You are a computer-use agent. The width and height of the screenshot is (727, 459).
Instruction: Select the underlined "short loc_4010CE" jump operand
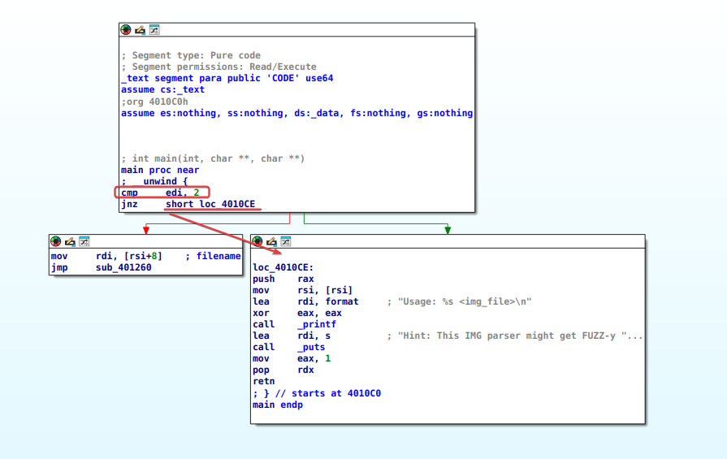pos(210,204)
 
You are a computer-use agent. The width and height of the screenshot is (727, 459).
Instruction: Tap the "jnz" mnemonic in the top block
pos(129,204)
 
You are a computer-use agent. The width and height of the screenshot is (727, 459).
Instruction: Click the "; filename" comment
pos(214,256)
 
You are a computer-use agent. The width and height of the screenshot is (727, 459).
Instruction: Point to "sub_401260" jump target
pos(123,267)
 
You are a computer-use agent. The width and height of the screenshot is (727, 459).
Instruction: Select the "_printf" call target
pos(317,324)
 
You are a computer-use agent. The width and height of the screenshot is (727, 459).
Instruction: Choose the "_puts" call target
pos(311,347)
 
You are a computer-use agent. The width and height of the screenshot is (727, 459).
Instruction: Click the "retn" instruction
pos(264,381)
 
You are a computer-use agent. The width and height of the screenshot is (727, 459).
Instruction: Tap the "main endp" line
pos(278,405)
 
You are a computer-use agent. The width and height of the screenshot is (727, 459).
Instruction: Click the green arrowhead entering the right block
pos(448,230)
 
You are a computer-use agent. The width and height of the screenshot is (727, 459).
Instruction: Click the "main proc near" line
pos(160,170)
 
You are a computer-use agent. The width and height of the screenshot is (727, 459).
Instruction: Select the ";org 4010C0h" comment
pos(154,102)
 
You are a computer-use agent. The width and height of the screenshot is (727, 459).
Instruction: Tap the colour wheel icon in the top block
pos(126,30)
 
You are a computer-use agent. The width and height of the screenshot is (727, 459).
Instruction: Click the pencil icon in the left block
pos(70,241)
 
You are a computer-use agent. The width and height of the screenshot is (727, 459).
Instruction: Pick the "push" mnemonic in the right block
pos(264,279)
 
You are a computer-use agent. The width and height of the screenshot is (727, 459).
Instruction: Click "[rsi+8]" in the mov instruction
pos(143,256)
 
